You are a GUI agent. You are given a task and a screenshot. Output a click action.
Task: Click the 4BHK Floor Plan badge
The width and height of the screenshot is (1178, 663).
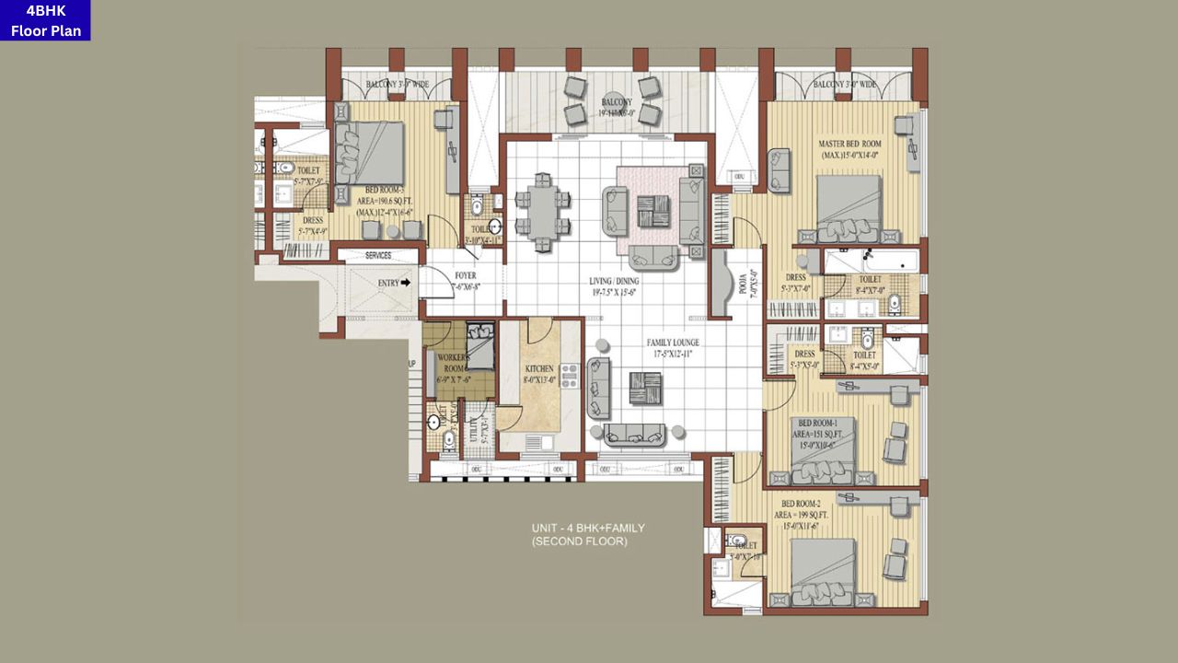45,20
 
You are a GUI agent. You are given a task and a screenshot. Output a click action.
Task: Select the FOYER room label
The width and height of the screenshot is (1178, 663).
466,281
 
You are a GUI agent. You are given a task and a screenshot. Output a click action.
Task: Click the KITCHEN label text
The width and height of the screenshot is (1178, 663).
539,372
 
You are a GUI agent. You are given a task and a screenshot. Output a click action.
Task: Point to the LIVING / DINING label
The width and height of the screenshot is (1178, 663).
614,286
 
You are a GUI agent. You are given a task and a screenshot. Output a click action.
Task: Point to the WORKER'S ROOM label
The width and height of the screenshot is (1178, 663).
456,363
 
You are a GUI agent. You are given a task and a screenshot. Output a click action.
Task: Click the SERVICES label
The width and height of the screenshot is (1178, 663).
378,255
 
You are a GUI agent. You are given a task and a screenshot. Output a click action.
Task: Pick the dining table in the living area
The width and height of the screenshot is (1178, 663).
542,212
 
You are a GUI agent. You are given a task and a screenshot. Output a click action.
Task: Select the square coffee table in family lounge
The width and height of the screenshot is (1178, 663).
644,388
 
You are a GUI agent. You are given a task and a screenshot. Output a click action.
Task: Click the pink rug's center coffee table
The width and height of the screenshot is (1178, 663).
657,211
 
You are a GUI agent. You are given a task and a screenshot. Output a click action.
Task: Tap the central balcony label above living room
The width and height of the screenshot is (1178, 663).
617,107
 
